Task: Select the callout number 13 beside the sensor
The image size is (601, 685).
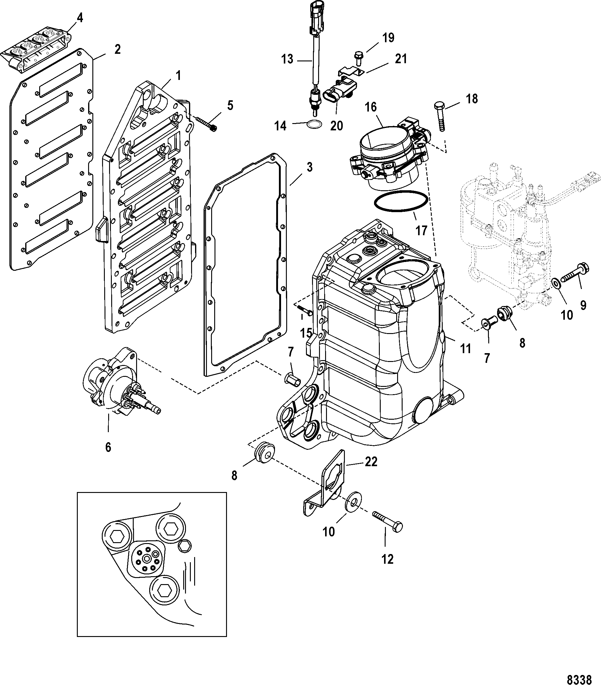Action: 287,59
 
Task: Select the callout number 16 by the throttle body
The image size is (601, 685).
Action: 371,107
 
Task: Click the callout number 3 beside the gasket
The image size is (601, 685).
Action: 309,167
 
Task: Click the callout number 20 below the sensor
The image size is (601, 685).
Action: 336,126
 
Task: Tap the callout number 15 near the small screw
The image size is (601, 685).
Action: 306,333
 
